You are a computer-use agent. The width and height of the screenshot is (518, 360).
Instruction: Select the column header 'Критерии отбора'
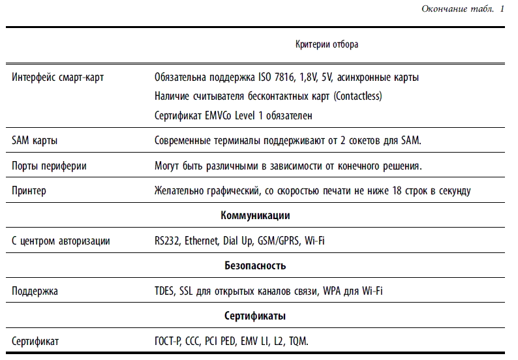[x=327, y=45]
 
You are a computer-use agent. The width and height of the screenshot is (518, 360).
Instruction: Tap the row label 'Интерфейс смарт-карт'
[x=58, y=78]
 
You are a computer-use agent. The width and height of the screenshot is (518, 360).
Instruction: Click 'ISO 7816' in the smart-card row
[x=275, y=78]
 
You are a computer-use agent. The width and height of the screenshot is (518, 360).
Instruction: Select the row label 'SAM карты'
[x=34, y=141]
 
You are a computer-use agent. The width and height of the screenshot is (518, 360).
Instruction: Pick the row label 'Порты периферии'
[x=50, y=166]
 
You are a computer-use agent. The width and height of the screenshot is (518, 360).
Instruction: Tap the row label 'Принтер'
[x=29, y=191]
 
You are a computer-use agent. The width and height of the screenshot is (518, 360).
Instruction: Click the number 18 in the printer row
[x=393, y=191]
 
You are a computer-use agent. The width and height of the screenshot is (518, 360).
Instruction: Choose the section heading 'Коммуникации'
[x=255, y=216]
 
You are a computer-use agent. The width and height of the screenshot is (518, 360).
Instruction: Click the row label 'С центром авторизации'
[x=61, y=241]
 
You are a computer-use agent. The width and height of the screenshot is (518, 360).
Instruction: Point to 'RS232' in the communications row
[x=167, y=241]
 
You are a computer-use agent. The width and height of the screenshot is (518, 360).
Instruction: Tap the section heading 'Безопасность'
[x=255, y=266]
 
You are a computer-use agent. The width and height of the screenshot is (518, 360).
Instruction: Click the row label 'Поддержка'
[x=35, y=292]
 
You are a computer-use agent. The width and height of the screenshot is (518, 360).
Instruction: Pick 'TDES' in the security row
[x=164, y=292]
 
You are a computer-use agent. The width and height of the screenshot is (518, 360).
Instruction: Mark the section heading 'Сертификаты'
[x=255, y=316]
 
